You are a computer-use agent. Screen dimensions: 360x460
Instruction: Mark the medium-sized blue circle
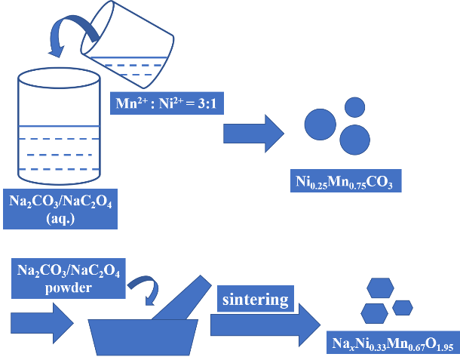coord(355,138)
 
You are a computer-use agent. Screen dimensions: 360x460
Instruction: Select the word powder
coord(67,288)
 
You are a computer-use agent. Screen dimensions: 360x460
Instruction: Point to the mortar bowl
coord(143,331)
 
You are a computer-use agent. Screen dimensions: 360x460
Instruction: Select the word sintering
coord(255,300)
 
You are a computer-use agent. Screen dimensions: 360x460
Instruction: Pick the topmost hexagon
coord(379,288)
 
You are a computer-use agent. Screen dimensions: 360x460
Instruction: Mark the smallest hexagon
coord(403,307)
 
